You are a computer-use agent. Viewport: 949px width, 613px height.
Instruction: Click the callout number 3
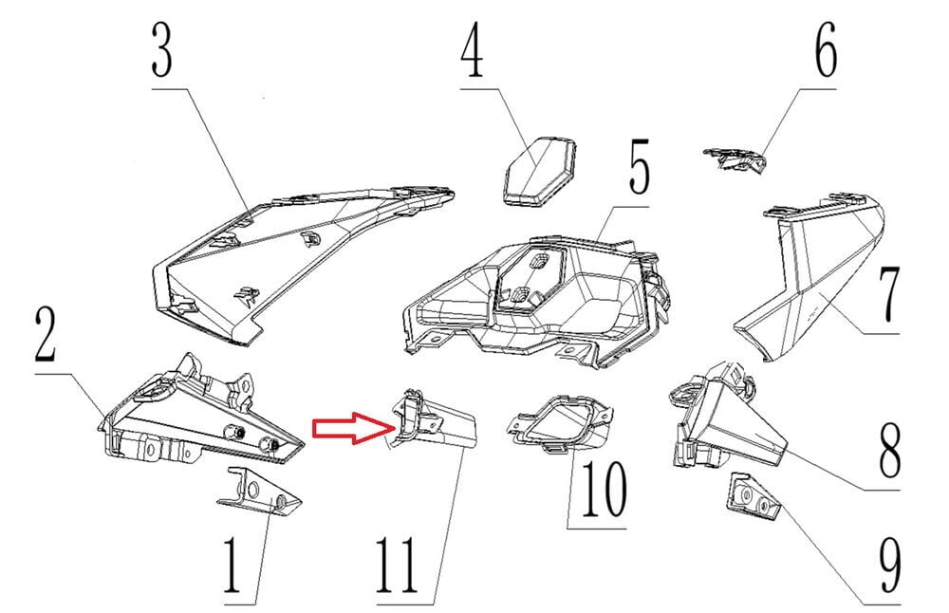tap(161, 50)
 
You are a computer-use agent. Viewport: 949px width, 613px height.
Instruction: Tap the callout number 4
tap(472, 50)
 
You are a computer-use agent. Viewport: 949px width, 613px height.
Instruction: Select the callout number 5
tap(639, 168)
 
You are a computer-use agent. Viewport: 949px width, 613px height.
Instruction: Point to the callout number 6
tap(826, 50)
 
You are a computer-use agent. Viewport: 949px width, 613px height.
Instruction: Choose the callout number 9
tap(888, 566)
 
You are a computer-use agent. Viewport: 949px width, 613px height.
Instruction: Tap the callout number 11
tap(397, 566)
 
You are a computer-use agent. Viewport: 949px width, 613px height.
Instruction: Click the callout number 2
tap(46, 334)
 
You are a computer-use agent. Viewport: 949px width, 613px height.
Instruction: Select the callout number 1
tap(233, 566)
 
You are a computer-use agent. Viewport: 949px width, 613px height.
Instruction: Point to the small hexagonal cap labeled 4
tap(539, 170)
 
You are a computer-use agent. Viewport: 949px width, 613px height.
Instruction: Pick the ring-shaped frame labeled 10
tap(559, 423)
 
